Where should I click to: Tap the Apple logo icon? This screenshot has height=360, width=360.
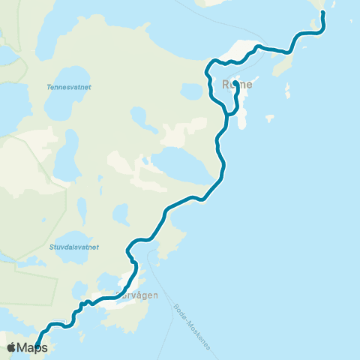[11, 347]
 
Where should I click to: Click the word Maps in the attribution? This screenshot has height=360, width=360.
[32, 348]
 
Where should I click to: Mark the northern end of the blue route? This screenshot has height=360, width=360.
[322, 13]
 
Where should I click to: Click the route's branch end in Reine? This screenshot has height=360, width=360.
[235, 84]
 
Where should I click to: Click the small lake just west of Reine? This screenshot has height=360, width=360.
[192, 91]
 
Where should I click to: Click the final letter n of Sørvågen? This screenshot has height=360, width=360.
[155, 295]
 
